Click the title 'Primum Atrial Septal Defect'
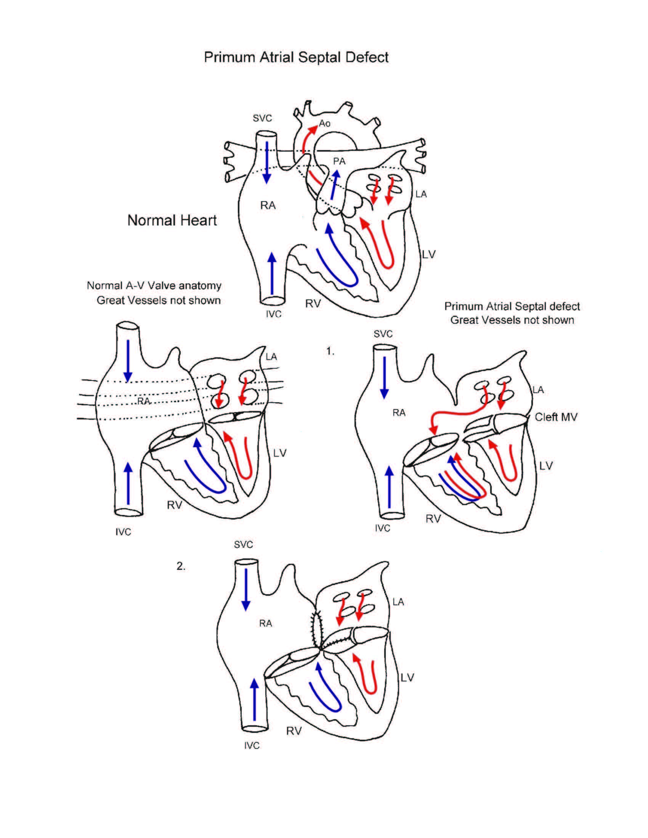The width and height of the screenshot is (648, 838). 296,58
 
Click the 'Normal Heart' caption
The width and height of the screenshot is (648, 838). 172,220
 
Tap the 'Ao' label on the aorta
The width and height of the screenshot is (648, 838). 324,123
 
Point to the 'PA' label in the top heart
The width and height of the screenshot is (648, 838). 339,162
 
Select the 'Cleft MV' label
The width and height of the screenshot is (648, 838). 556,417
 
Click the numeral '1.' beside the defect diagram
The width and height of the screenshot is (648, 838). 330,351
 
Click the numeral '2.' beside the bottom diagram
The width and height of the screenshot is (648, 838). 181,566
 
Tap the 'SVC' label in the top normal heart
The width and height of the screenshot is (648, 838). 262,118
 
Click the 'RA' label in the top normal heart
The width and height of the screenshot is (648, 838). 268,206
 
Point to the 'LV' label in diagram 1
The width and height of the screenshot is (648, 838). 545,466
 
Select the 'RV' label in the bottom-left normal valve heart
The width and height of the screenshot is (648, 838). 174,505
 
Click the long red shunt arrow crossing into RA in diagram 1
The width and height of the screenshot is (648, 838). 457,415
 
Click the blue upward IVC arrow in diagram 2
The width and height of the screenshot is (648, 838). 254,699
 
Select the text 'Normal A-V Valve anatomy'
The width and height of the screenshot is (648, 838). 154,285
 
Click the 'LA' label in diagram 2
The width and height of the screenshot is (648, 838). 398,602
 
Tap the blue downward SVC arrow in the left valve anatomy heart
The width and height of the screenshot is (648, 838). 128,361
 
